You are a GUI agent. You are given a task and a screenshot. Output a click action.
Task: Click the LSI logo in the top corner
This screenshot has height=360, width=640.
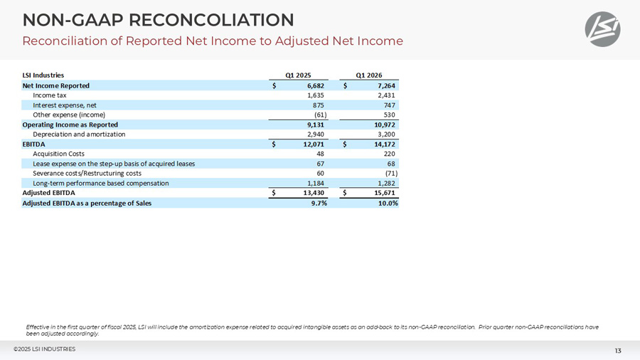coord(602,29)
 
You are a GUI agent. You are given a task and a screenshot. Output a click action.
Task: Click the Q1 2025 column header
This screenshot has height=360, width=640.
coord(298,75)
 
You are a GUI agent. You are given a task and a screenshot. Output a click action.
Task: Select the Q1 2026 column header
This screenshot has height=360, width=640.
coord(369,75)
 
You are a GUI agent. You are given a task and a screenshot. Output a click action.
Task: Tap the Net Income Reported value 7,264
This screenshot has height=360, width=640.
coord(386,85)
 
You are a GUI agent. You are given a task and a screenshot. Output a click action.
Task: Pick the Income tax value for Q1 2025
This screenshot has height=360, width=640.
coord(316,95)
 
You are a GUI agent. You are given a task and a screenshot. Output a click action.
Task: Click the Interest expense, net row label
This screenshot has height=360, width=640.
coord(65,105)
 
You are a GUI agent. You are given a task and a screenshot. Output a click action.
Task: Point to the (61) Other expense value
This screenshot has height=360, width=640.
coord(320,115)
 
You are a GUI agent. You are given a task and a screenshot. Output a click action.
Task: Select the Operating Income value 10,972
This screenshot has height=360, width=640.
coord(385,125)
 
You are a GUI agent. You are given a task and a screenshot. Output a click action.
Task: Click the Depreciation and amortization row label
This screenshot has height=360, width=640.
coord(79,134)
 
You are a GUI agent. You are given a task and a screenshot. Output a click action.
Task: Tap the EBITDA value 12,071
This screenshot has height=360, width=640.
coord(314,144)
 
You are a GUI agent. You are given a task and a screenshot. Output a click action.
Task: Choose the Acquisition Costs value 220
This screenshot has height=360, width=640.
coord(390,154)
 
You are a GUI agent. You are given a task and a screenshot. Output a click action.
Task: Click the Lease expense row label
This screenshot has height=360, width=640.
coord(114,164)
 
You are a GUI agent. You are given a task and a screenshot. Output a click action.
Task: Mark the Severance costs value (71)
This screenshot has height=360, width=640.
coord(391,173)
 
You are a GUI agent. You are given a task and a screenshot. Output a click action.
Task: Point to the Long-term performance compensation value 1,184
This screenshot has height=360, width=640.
coord(316,184)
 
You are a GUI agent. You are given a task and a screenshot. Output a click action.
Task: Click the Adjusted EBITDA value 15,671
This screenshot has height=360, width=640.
coord(385,193)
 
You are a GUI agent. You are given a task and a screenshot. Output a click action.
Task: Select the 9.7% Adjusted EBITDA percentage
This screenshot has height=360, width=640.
coord(319,203)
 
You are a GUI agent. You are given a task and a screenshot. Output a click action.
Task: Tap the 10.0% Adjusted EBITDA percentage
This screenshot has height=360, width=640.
coord(388,203)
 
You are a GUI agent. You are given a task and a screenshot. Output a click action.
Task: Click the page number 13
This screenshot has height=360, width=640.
coord(618,351)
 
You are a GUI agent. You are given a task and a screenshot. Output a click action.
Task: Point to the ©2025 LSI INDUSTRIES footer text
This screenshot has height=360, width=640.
coord(45,349)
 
